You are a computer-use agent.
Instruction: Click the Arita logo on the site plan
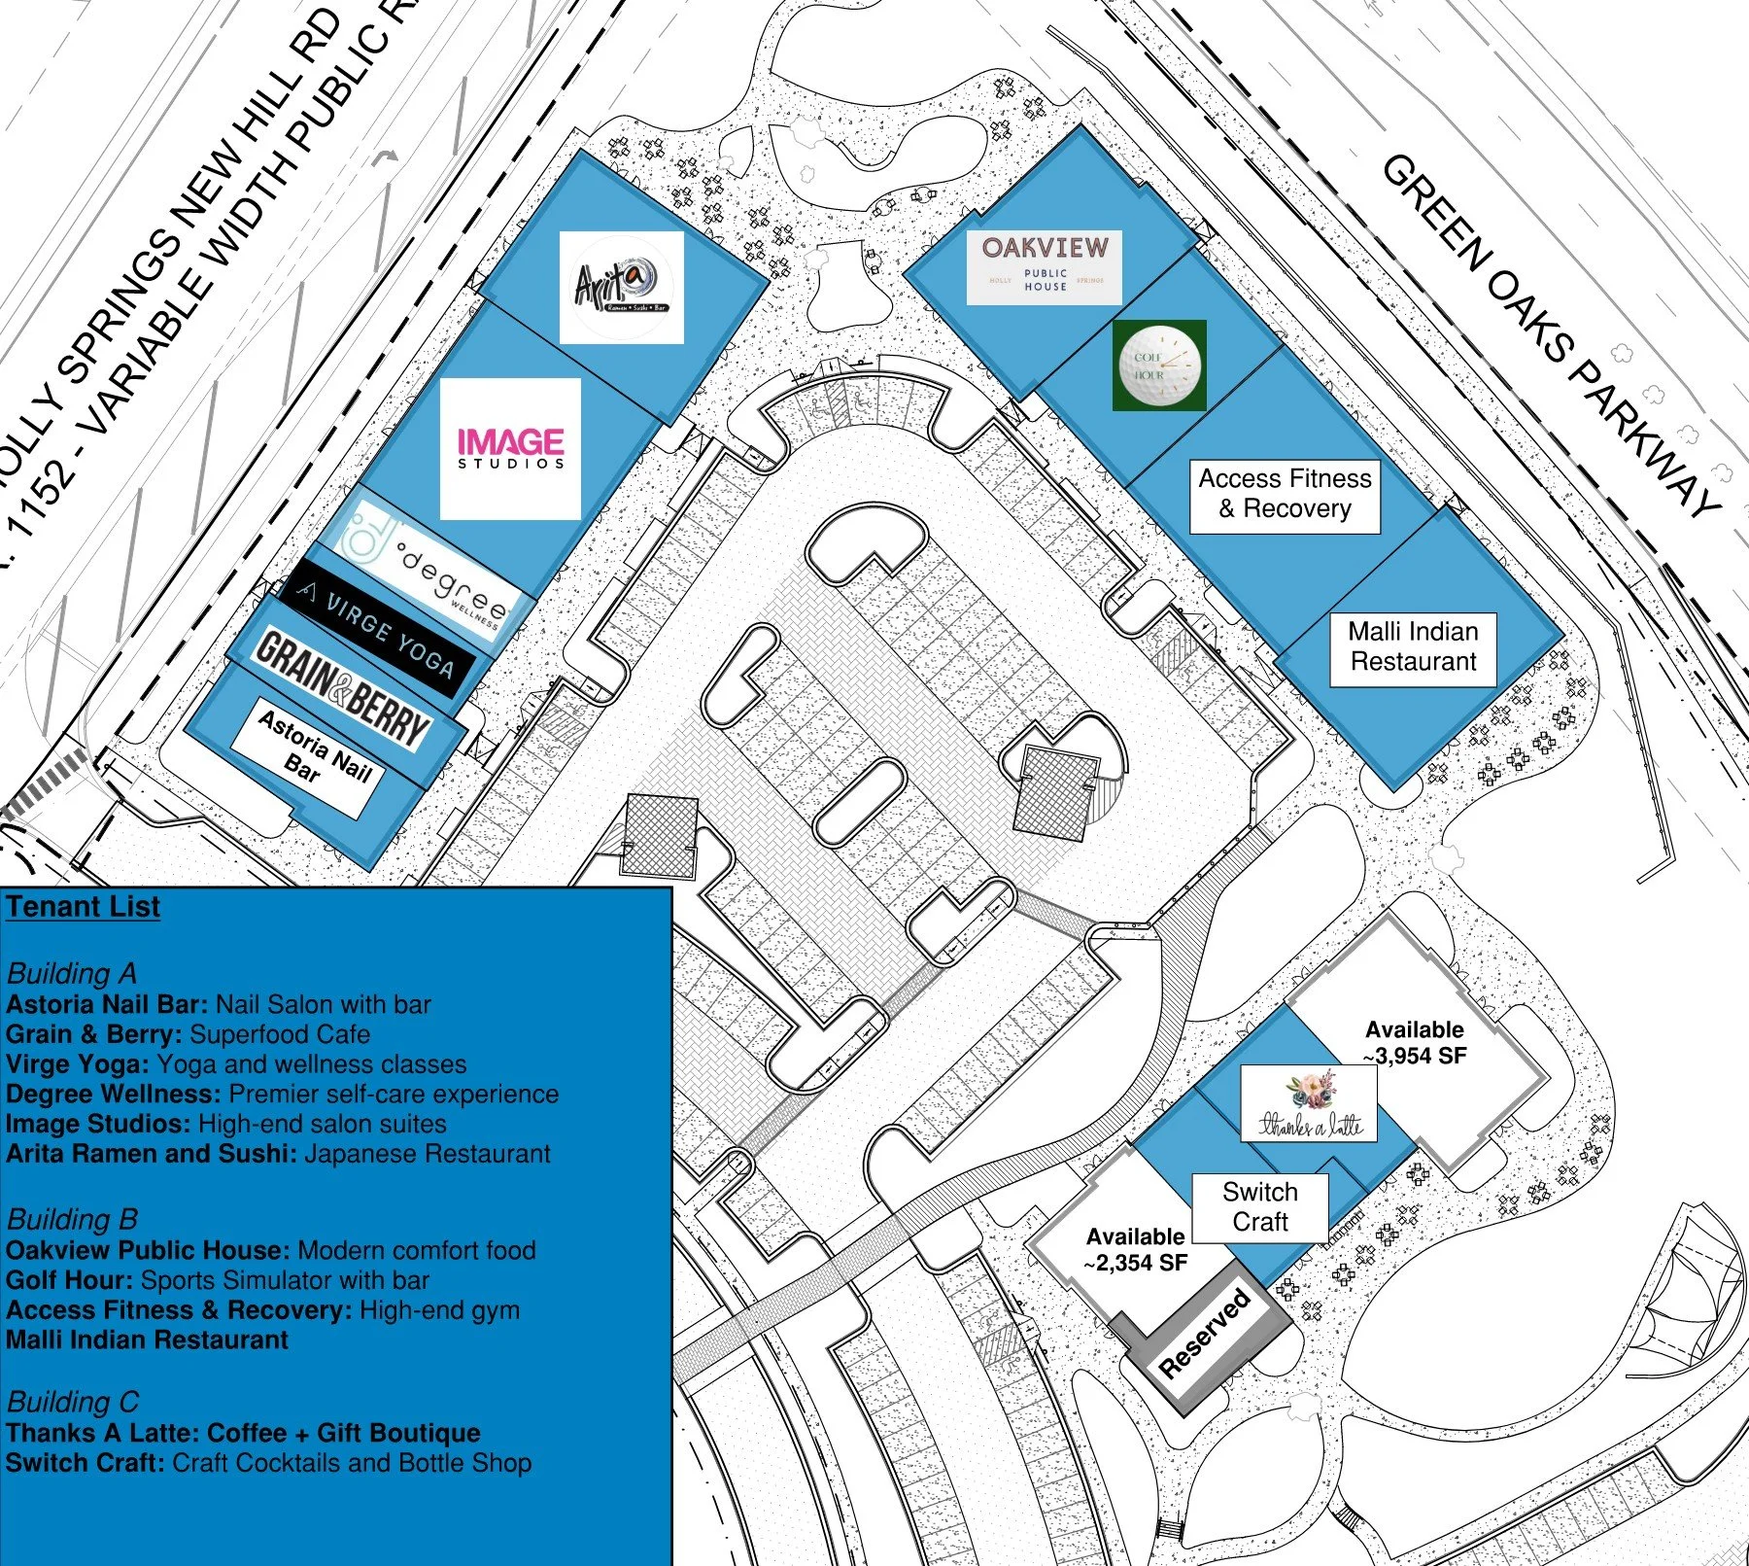coord(622,287)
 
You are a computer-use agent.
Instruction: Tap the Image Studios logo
coord(510,449)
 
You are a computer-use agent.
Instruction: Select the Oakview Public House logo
coord(1044,266)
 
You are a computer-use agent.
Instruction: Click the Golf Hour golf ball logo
coord(1159,365)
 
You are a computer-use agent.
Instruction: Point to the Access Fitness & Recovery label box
coord(1285,495)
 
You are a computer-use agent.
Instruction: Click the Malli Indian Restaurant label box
coord(1413,647)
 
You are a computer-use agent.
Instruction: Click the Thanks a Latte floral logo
coord(1309,1103)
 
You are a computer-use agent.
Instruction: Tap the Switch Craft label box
coord(1259,1207)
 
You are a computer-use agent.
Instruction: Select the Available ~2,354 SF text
coord(1135,1250)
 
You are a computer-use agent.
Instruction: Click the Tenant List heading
coord(84,907)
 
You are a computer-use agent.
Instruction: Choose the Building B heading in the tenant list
coord(72,1219)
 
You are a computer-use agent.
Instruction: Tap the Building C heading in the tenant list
coord(73,1402)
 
